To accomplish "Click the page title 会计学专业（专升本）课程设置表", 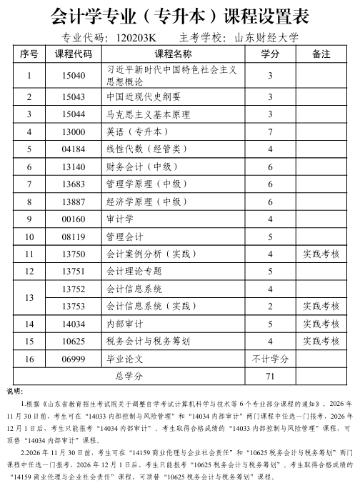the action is (179, 16).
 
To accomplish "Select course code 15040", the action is (74, 76).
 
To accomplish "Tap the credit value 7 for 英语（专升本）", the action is (270, 131).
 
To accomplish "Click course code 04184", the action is (74, 149).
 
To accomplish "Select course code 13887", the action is (74, 201).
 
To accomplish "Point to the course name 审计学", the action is (120, 219).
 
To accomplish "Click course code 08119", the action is (74, 236).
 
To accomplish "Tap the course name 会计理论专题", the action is (134, 272).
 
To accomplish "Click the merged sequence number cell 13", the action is (29, 297).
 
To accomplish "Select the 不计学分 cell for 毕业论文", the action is (270, 359).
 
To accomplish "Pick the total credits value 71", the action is (270, 376).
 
